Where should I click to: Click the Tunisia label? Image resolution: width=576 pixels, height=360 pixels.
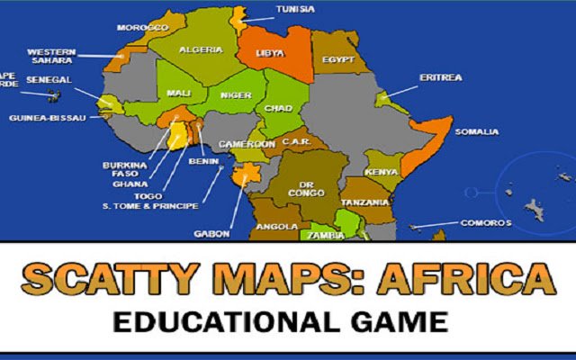(x=296, y=9)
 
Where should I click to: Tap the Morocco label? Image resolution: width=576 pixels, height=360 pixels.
(x=143, y=28)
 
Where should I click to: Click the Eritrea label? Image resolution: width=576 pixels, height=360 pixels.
(x=440, y=77)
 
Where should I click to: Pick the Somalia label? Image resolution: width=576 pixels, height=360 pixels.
(x=476, y=132)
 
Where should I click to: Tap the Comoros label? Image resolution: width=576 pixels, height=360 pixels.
(x=486, y=222)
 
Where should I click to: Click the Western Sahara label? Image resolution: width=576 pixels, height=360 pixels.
(x=50, y=57)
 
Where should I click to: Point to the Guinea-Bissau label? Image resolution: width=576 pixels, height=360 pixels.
(x=46, y=118)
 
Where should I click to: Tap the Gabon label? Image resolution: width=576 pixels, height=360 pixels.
(x=211, y=234)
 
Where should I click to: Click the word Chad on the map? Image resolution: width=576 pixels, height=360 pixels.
(x=279, y=108)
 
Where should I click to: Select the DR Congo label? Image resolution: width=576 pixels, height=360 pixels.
(x=300, y=187)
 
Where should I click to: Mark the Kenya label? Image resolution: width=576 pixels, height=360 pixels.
(x=381, y=172)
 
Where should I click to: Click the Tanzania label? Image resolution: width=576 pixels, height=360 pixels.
(x=365, y=202)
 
